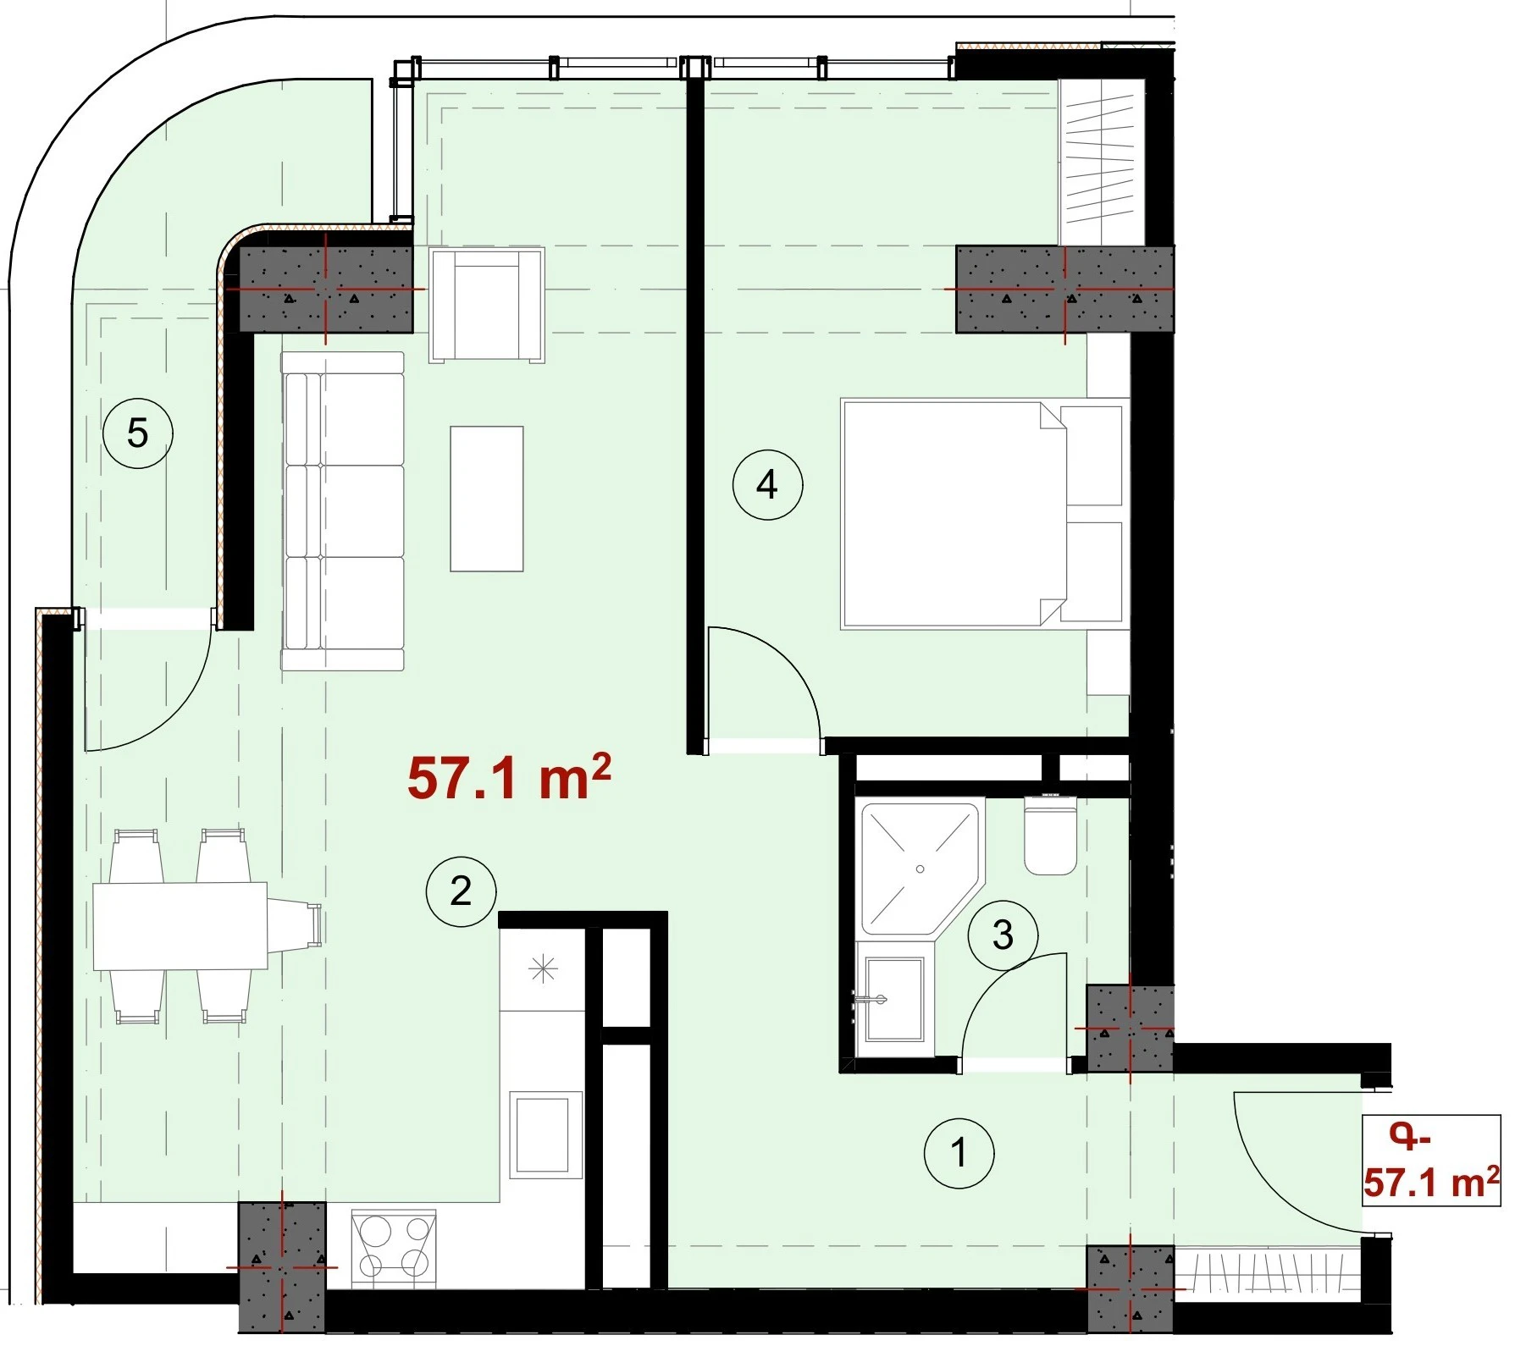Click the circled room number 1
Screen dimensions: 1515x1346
[x=959, y=1152]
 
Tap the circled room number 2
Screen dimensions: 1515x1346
[x=461, y=891]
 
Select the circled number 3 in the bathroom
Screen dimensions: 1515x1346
[x=1003, y=935]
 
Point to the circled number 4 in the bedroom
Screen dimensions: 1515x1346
[x=767, y=484]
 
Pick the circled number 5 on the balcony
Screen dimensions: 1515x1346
[x=137, y=433]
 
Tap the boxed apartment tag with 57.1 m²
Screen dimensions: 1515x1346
[x=1431, y=1161]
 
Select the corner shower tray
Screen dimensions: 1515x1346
[x=920, y=868]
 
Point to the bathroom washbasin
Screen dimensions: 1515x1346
[x=893, y=999]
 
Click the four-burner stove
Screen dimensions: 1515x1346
[x=394, y=1244]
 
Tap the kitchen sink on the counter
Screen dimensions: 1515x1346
[x=546, y=1134]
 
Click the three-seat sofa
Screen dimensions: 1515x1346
[x=343, y=511]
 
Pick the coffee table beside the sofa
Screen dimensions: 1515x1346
[x=487, y=499]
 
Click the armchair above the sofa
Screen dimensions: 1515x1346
[x=487, y=305]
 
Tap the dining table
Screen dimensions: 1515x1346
[x=180, y=926]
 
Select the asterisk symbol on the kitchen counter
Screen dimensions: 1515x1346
[x=543, y=968]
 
